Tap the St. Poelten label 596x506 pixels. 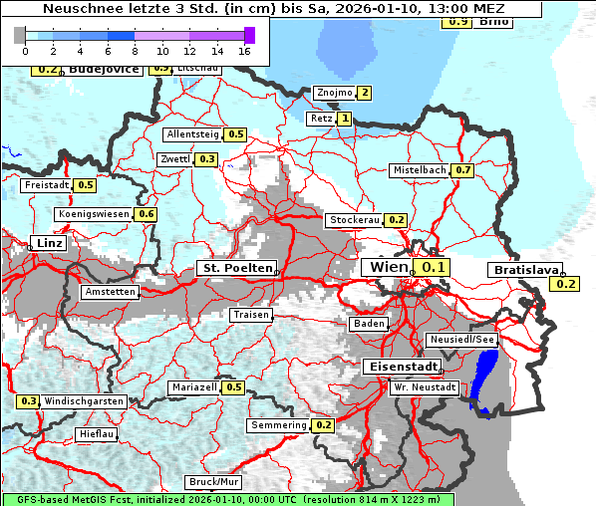point(236,268)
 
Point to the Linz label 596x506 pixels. point(47,243)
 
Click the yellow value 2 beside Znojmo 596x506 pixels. point(365,94)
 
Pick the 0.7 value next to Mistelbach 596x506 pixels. point(462,170)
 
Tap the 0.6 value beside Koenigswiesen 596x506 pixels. point(147,214)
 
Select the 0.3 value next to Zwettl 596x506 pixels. point(206,159)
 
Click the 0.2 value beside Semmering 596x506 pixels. point(323,425)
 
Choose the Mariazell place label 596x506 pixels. point(193,387)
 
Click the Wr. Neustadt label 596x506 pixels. point(425,386)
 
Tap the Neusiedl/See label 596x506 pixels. point(461,340)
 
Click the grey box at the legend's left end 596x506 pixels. point(20,35)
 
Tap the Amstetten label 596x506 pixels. point(110,292)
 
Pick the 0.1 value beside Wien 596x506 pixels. point(431,267)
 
